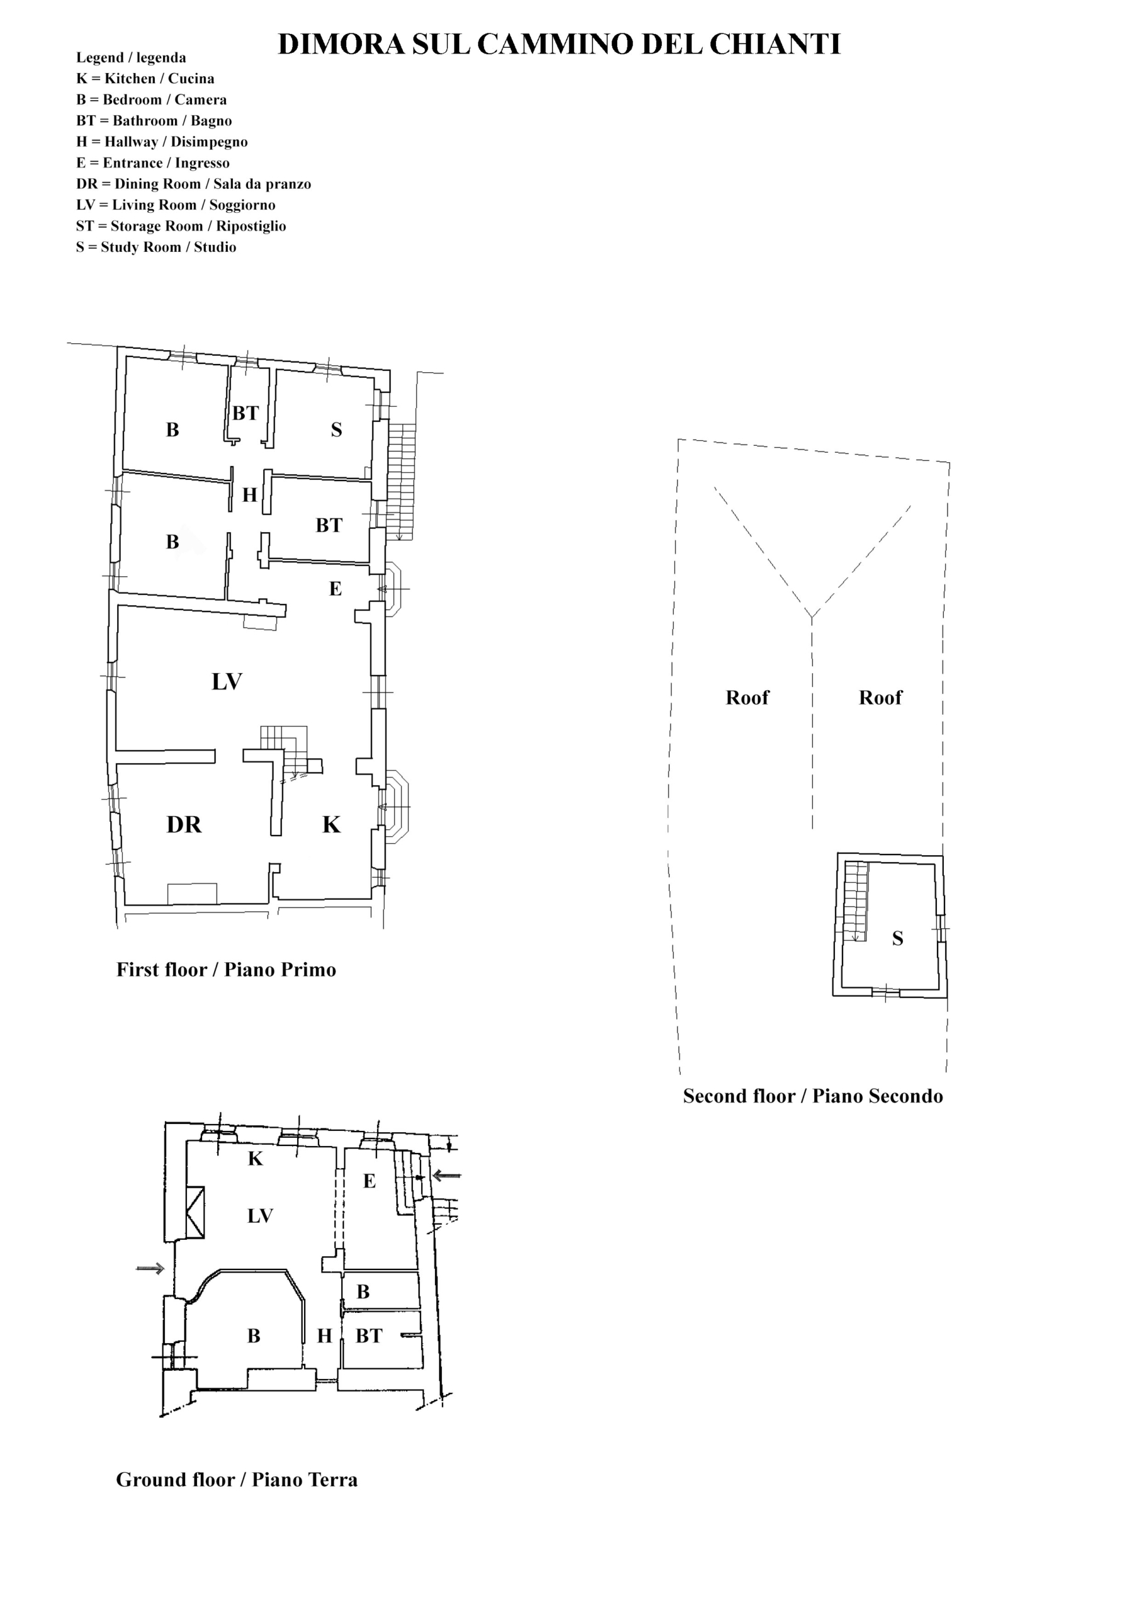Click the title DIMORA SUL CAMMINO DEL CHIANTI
(x=559, y=44)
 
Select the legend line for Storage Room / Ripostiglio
(x=181, y=226)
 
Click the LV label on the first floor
(x=227, y=681)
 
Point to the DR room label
(x=184, y=824)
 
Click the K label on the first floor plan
(x=331, y=824)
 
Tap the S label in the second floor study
(x=897, y=938)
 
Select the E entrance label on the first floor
(x=335, y=588)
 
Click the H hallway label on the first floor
(x=250, y=495)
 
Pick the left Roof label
(x=748, y=697)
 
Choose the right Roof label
(x=881, y=697)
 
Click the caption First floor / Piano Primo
(x=226, y=970)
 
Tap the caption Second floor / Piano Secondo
(x=812, y=1096)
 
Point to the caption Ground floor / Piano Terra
(x=237, y=1480)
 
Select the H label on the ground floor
(x=324, y=1336)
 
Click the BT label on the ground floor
(x=369, y=1336)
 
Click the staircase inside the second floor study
(x=855, y=902)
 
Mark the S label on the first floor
(x=336, y=429)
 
